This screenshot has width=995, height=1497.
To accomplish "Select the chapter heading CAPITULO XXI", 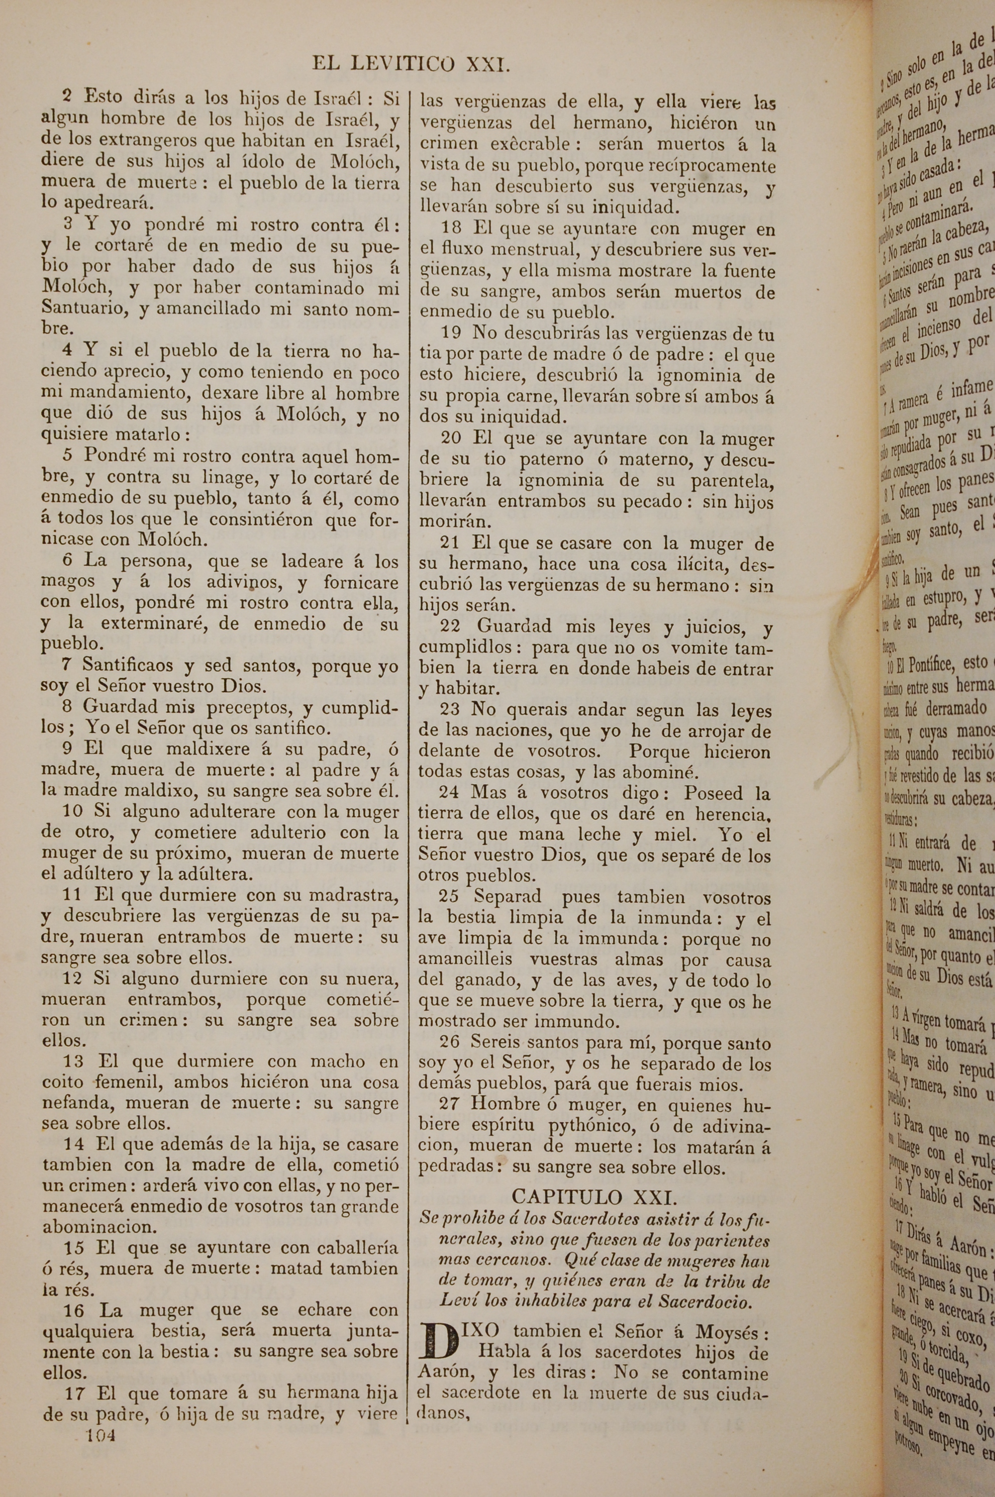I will (594, 1197).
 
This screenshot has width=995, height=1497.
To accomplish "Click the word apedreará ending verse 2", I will (100, 204).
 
